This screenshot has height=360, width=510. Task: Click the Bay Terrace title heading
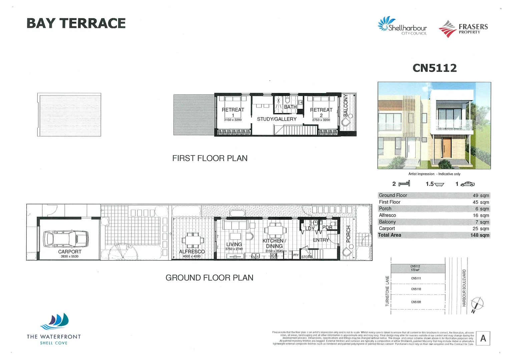(76, 24)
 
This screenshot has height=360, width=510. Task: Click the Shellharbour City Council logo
(402, 26)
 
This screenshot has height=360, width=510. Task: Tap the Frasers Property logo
(463, 29)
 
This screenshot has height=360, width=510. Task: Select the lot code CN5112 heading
(434, 68)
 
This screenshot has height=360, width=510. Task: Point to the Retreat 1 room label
(233, 110)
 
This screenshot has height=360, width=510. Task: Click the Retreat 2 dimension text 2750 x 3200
(321, 120)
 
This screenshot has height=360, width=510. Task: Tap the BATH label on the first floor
(290, 107)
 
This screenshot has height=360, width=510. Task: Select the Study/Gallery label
(277, 119)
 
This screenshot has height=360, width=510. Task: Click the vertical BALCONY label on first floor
(346, 105)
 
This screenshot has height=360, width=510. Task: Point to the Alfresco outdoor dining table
(193, 240)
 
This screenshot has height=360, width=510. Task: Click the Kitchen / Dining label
(274, 243)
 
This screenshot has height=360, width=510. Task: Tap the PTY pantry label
(296, 255)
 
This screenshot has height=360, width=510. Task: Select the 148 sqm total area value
(480, 235)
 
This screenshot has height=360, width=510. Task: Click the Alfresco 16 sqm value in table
(481, 215)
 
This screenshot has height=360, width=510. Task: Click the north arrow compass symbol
(477, 304)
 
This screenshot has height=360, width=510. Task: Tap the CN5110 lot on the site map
(416, 289)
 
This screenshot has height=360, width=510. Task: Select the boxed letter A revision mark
(483, 339)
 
